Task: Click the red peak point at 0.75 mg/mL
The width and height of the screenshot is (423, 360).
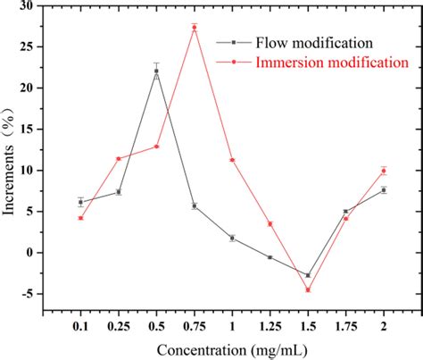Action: pos(195,28)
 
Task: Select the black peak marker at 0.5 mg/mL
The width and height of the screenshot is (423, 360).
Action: pos(156,71)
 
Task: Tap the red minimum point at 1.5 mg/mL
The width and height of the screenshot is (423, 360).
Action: pos(308,290)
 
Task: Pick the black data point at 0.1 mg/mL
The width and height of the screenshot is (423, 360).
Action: pos(80,203)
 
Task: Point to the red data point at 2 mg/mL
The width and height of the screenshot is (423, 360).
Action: pos(384,171)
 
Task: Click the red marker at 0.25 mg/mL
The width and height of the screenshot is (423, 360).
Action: pos(119,159)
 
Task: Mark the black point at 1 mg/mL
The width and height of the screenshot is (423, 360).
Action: pos(232,239)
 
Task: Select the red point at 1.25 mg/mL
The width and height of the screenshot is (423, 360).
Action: pos(270,224)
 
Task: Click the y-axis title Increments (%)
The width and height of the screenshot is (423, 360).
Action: pos(11,156)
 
